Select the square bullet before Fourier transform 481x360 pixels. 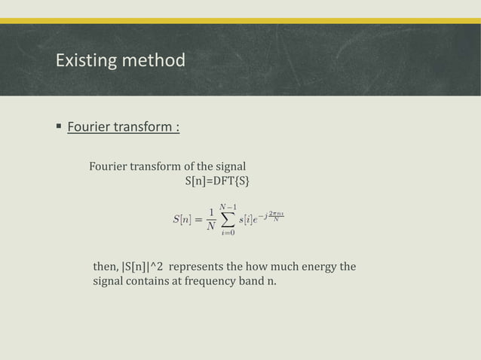(x=58, y=126)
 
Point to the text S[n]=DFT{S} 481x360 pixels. (x=218, y=181)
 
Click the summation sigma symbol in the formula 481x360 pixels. (x=228, y=219)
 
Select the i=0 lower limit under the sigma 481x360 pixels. (x=228, y=233)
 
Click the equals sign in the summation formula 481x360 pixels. (x=198, y=220)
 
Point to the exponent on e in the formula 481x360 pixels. (x=271, y=216)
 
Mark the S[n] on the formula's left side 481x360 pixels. (x=182, y=220)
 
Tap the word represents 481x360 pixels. (x=196, y=267)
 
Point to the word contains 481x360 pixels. (x=150, y=282)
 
